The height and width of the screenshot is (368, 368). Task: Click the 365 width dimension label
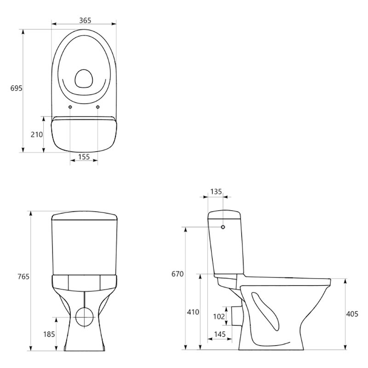pos(85,20)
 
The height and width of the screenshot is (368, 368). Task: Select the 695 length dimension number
pos(17,88)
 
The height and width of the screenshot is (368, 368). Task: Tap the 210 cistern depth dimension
pos(37,134)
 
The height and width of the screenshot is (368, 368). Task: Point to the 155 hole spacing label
pos(84,156)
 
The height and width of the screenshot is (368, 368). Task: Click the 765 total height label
pos(23,277)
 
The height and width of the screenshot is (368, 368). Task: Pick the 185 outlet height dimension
pos(49,334)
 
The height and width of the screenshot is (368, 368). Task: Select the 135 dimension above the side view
pos(216,192)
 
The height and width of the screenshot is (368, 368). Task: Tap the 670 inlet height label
pos(178,274)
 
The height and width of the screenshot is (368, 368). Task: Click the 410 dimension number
pos(193,312)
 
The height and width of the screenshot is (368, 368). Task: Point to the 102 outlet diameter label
pos(219,316)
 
